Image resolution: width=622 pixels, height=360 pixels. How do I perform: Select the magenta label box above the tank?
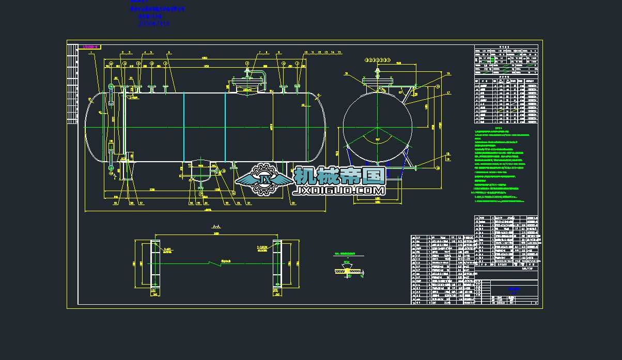tap(90, 47)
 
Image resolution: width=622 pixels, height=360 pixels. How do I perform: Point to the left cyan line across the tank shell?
tap(184, 127)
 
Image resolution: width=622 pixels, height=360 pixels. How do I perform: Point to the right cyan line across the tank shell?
tap(225, 127)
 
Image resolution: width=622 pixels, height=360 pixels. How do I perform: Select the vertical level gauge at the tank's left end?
tap(111, 127)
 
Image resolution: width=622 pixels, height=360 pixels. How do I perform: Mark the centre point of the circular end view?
tap(378, 127)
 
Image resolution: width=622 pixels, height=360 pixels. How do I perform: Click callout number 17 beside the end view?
tap(448, 93)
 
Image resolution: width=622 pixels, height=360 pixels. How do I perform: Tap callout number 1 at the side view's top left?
tap(90, 53)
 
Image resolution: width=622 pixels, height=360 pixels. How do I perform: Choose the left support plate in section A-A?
tap(154, 263)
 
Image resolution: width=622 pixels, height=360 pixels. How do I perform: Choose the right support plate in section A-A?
tap(277, 263)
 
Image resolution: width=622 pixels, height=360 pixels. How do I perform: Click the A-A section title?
tap(216, 227)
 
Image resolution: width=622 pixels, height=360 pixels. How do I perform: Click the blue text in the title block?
tap(513, 289)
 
